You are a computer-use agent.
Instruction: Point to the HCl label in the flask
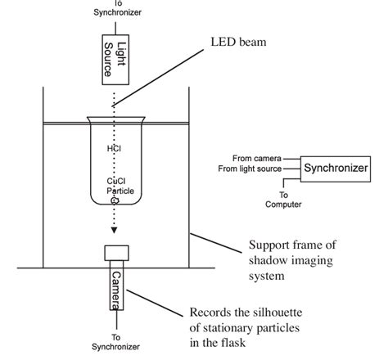click(115, 150)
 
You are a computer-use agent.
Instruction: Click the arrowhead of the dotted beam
click(115, 231)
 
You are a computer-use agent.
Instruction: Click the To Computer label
click(284, 200)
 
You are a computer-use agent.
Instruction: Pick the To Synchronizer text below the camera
click(115, 342)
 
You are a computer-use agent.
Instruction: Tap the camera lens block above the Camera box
click(115, 254)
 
